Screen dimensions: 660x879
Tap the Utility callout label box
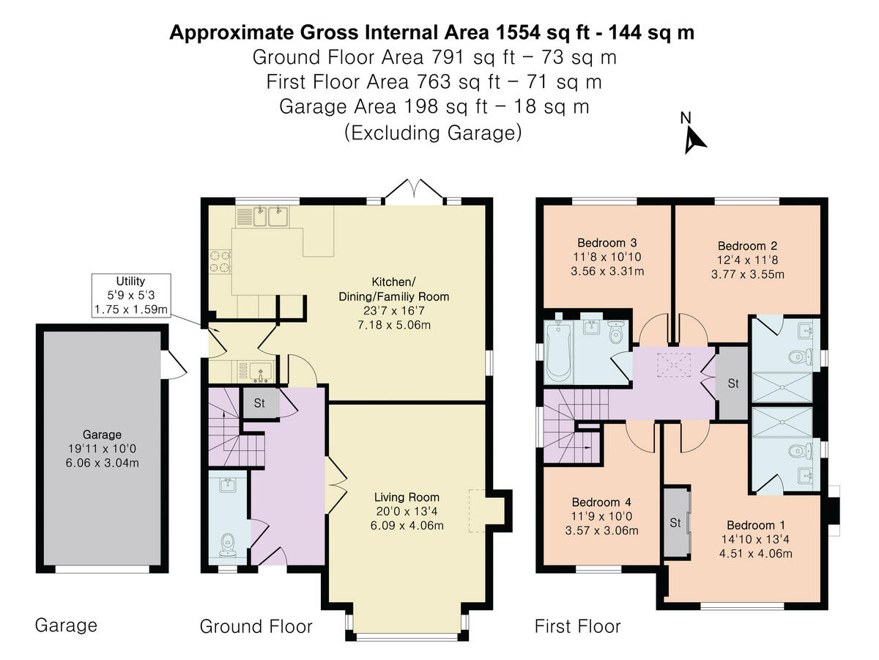click(x=131, y=296)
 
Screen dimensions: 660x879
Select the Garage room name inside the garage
click(x=103, y=434)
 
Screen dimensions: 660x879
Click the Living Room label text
click(x=407, y=497)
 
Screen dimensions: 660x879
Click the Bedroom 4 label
click(x=601, y=502)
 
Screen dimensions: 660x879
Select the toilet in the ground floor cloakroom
click(x=229, y=543)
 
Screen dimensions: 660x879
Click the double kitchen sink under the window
click(x=269, y=216)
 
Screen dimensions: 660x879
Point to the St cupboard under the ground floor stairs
click(x=259, y=403)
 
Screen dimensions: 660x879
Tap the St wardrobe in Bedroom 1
click(x=675, y=523)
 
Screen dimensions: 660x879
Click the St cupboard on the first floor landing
click(x=732, y=384)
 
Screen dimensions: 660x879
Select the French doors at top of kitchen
click(x=415, y=190)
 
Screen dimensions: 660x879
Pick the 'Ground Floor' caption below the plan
click(x=256, y=626)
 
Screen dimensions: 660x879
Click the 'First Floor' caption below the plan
click(x=577, y=626)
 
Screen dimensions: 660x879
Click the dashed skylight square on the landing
click(x=669, y=364)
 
